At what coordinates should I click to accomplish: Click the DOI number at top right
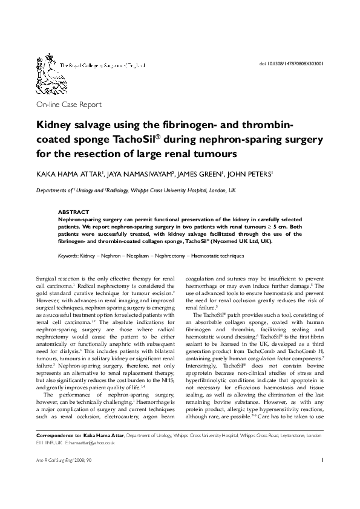[291, 63]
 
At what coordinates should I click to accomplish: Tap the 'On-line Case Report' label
[69, 105]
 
